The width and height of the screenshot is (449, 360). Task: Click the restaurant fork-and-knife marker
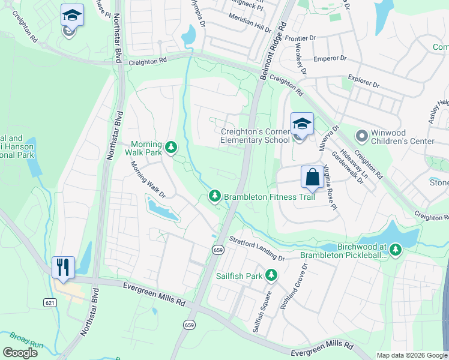tap(63, 266)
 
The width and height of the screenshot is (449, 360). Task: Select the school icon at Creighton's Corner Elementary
tap(302, 124)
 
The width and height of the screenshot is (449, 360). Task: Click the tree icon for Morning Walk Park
tap(171, 146)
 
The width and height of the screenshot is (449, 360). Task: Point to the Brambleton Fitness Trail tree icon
tap(214, 196)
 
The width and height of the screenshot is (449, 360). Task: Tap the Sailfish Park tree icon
tap(271, 275)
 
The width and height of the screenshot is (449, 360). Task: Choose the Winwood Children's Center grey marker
tap(361, 136)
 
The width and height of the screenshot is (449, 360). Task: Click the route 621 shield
tap(49, 304)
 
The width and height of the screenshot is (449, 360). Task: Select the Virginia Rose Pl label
tap(330, 186)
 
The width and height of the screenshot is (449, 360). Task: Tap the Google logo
tap(20, 352)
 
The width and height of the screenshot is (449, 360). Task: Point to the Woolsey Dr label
tap(300, 60)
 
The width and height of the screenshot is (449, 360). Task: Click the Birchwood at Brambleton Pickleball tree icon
tap(394, 248)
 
